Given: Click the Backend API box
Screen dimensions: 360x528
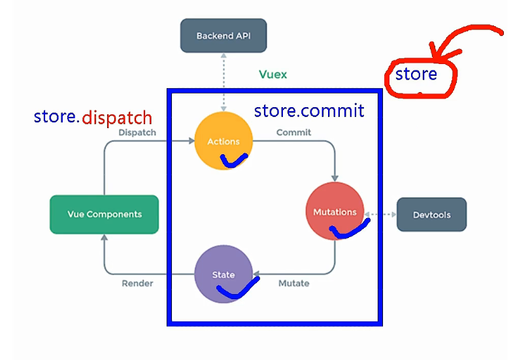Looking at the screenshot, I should (223, 36).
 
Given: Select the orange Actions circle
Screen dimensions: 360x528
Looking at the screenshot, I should (223, 140).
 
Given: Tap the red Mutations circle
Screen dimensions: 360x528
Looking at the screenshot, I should (335, 211).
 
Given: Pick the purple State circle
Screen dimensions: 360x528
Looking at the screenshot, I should (223, 274).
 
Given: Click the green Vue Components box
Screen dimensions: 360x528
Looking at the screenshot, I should (105, 214).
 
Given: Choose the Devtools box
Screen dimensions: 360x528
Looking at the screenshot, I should (431, 214).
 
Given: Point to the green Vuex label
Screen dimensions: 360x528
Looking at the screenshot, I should (272, 74).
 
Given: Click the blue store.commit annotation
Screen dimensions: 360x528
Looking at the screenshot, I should (308, 110).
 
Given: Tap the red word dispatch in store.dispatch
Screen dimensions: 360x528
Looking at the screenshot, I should (118, 118).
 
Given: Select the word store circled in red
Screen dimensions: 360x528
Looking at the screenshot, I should (416, 74).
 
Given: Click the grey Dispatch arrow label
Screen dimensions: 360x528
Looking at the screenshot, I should (137, 133).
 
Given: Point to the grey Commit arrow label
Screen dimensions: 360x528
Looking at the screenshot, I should (293, 133).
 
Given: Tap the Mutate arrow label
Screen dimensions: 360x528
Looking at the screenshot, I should (294, 284).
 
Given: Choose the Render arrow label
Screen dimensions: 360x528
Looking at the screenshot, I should (137, 284).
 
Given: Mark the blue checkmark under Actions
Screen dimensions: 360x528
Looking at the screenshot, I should (233, 160).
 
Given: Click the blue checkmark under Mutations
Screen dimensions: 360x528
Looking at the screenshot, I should (348, 228).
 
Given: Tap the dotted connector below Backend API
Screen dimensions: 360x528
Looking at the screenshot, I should (223, 82).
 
